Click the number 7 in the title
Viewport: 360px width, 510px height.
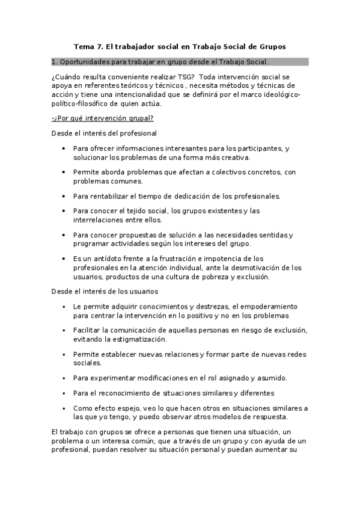pyautogui.click(x=99, y=46)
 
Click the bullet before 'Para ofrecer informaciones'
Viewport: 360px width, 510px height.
pyautogui.click(x=64, y=148)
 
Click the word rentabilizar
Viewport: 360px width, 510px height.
pyautogui.click(x=111, y=196)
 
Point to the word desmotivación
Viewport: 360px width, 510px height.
pyautogui.click(x=264, y=268)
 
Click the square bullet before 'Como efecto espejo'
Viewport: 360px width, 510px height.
pyautogui.click(x=64, y=408)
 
